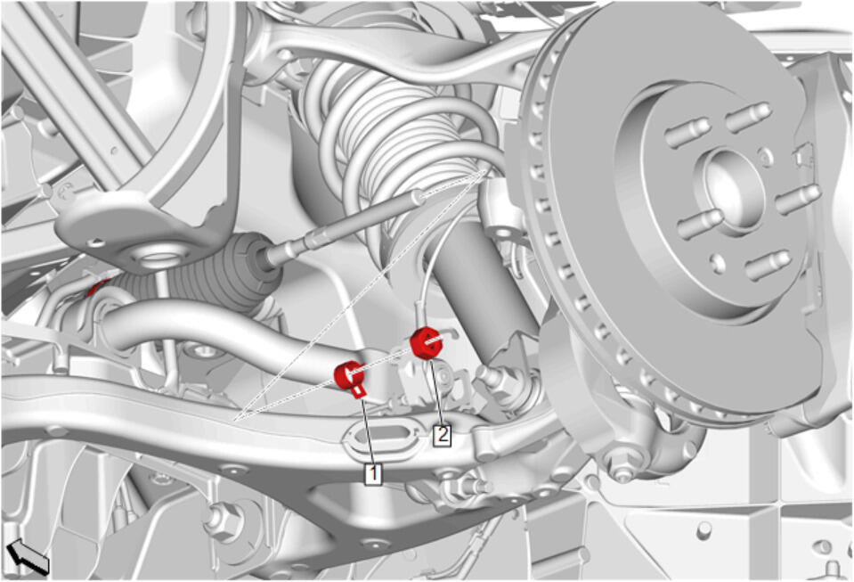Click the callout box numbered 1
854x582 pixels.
tap(374, 473)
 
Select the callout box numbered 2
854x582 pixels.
tap(443, 435)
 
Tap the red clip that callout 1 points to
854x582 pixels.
tap(348, 376)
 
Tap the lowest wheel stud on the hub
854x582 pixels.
tap(767, 266)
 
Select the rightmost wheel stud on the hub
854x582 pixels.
tap(798, 200)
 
